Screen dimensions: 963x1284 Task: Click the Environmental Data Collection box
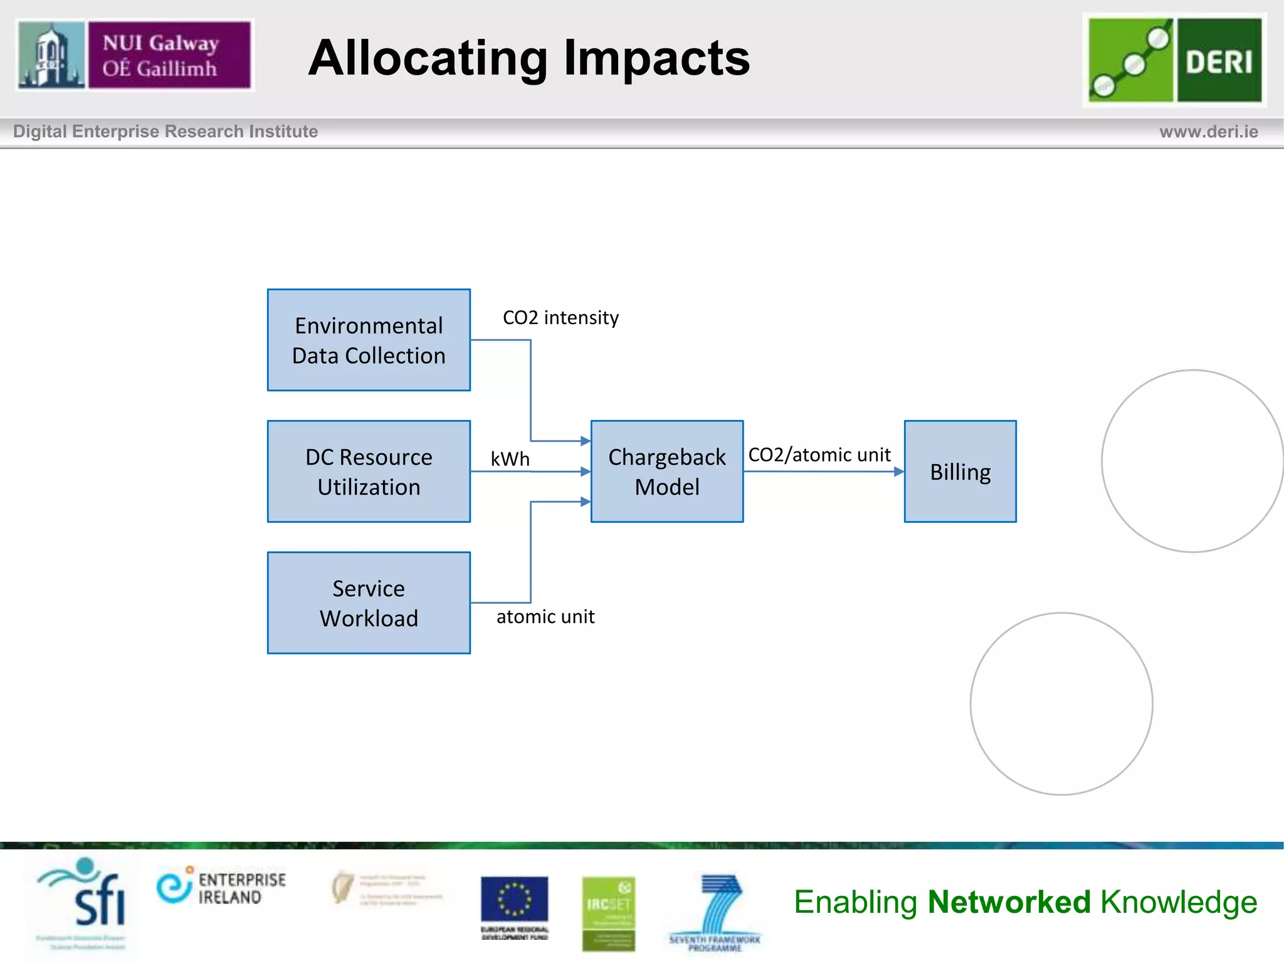(369, 340)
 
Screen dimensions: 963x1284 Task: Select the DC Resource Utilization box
(369, 471)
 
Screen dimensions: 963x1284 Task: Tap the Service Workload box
(369, 603)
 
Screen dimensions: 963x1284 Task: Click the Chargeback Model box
(666, 471)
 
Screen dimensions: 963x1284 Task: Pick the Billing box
(960, 471)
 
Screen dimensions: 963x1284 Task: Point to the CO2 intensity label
(560, 318)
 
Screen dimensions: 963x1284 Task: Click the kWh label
(510, 459)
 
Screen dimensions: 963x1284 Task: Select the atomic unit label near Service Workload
(545, 617)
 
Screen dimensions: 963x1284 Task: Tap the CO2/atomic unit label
(819, 455)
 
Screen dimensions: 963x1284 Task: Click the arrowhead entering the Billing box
(899, 471)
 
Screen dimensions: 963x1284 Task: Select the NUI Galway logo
(135, 55)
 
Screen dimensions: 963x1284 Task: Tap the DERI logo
(1174, 60)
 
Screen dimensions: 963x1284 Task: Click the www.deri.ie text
(1208, 132)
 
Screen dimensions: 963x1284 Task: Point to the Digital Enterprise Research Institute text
(166, 132)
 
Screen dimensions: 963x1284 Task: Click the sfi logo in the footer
(85, 897)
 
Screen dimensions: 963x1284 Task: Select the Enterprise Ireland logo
(221, 887)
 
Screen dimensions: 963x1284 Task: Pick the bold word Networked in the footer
(1009, 902)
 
